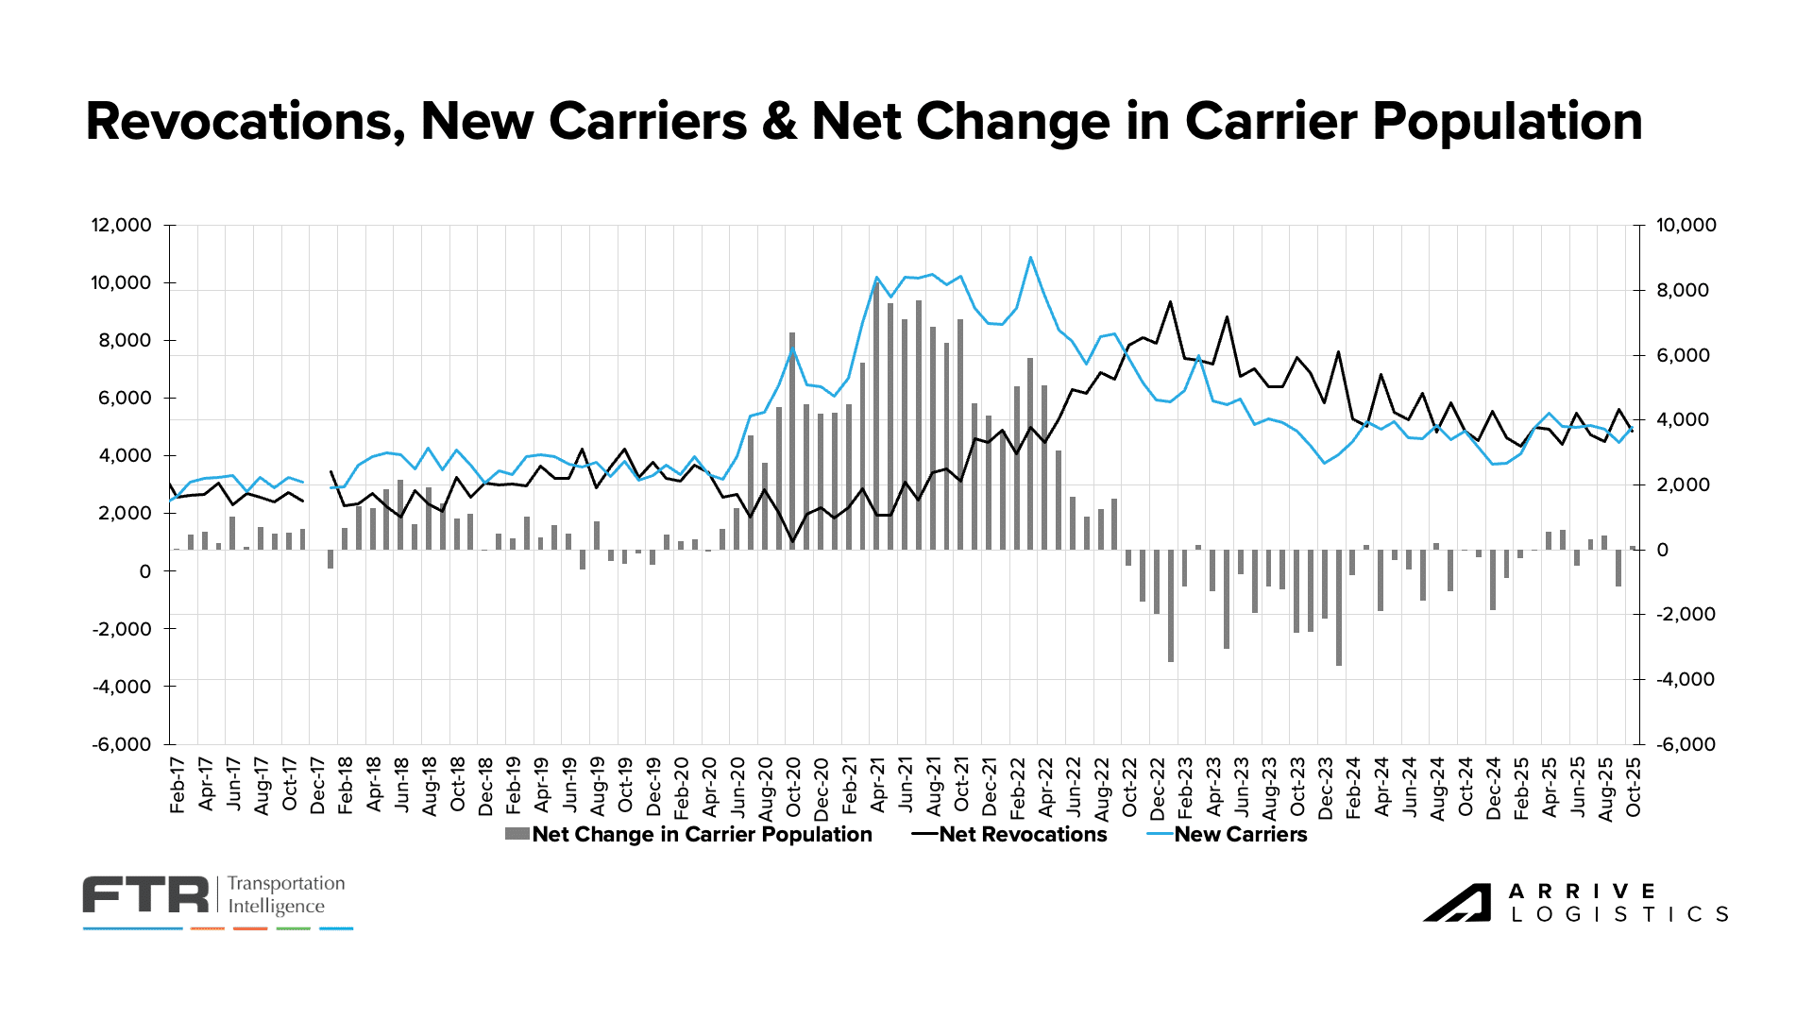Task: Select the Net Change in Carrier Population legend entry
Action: (x=701, y=835)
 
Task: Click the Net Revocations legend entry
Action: (x=1023, y=835)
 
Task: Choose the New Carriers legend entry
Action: (x=1240, y=835)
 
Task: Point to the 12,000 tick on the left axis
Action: (x=121, y=226)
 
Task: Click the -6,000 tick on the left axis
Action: (x=121, y=744)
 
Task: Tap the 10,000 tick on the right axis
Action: (x=1686, y=226)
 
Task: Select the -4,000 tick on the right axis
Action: (x=1686, y=680)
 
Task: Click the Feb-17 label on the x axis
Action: (x=178, y=785)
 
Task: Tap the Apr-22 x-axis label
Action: (x=1045, y=785)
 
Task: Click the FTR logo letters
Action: (x=145, y=895)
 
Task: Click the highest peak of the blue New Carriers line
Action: (x=1030, y=257)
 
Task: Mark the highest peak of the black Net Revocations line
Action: (x=1170, y=302)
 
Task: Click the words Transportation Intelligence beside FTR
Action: (x=286, y=895)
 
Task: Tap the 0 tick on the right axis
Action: (x=1662, y=550)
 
